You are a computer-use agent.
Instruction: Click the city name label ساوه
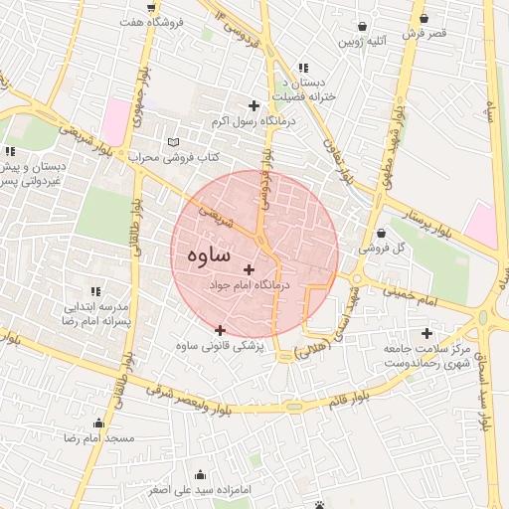point(208,254)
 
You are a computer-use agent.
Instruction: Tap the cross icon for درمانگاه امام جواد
point(248,269)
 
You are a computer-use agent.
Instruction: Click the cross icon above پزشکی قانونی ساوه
point(220,330)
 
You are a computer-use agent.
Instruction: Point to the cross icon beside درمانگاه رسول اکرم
point(254,105)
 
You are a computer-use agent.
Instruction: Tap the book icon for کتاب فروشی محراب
point(176,142)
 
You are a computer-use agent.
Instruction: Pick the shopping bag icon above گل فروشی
point(381,234)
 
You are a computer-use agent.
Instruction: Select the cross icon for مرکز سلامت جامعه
point(427,334)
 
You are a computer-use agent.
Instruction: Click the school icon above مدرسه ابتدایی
point(95,292)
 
